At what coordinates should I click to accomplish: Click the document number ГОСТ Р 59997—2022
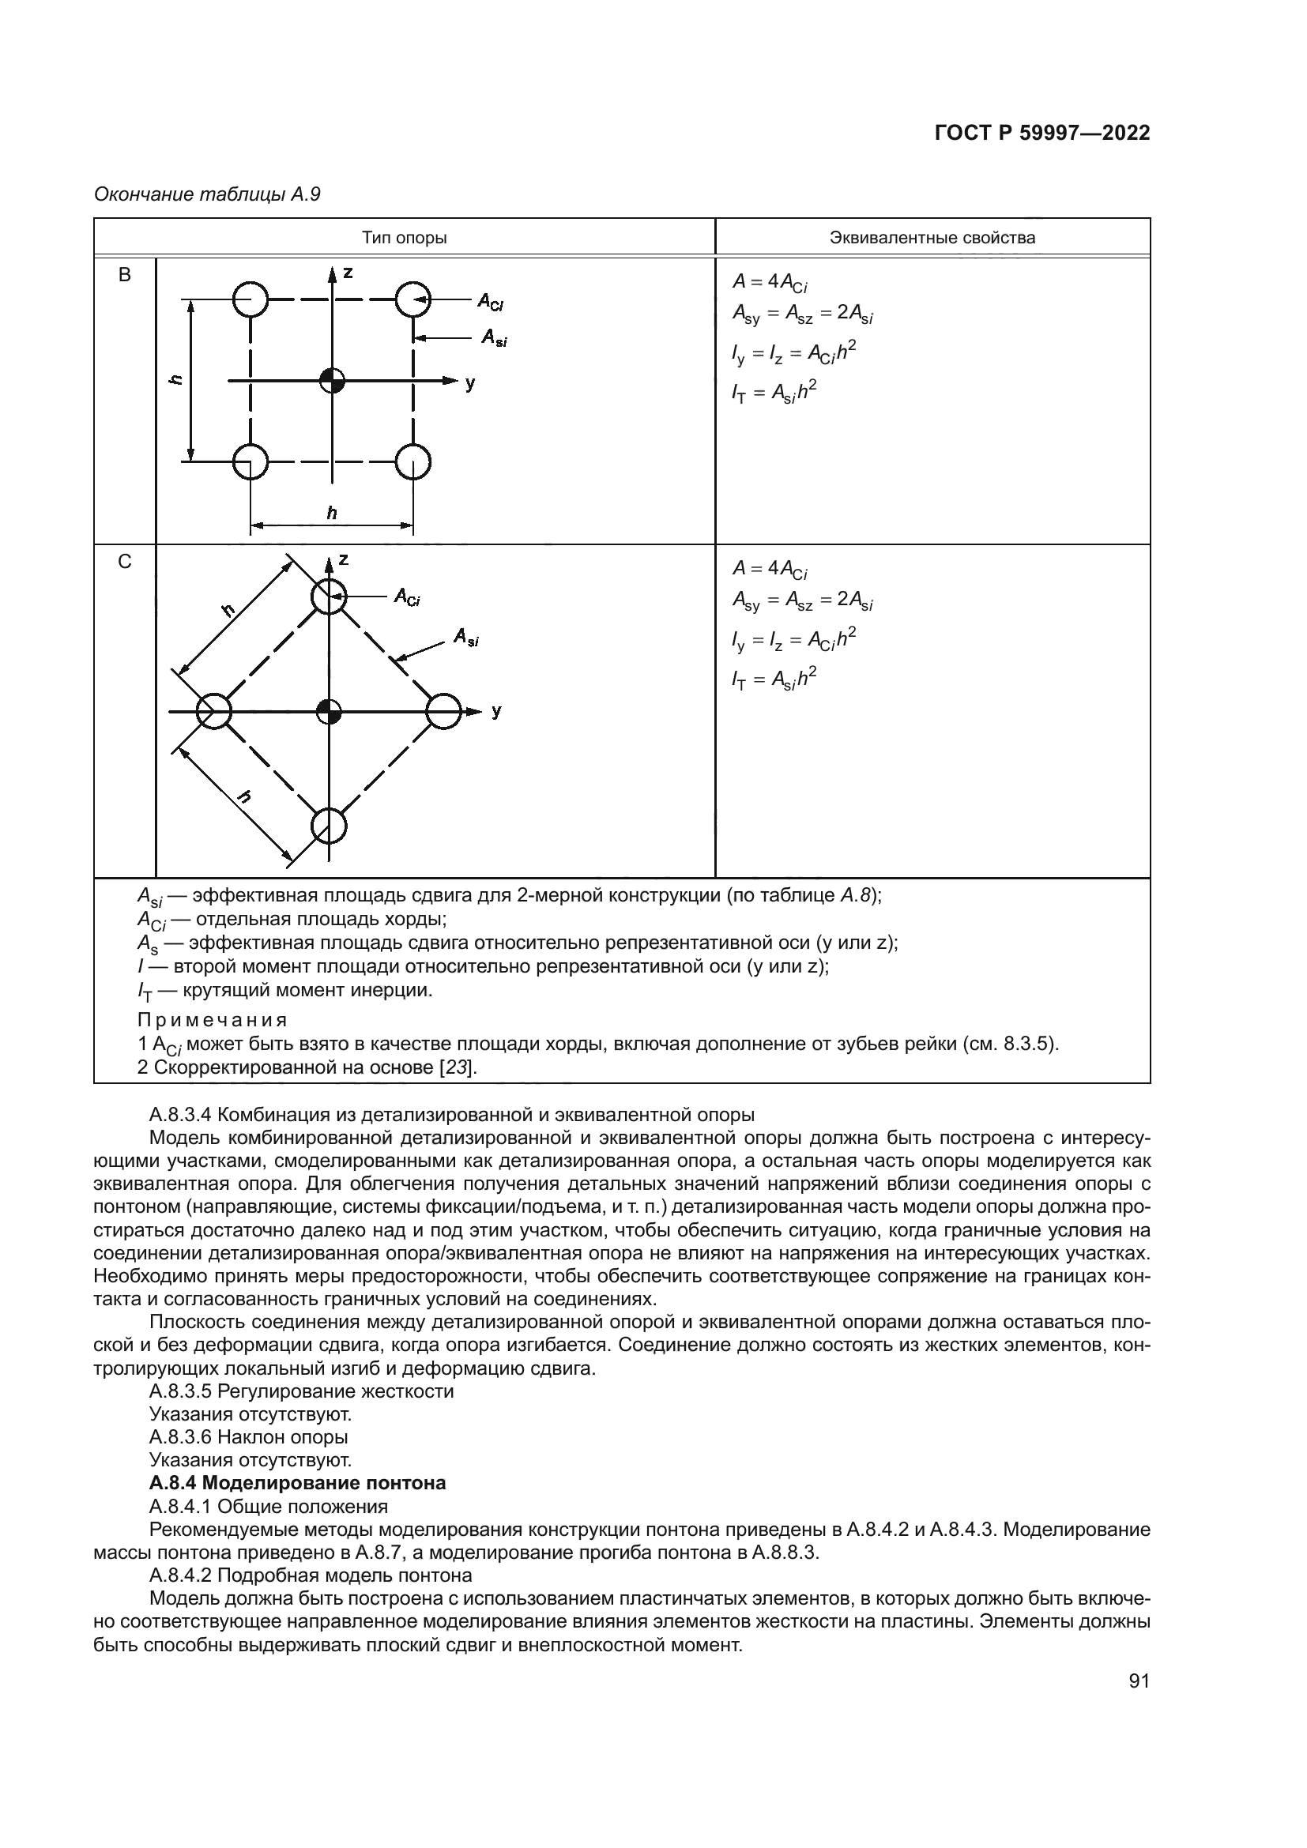click(1042, 134)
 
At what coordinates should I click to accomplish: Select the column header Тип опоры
click(404, 238)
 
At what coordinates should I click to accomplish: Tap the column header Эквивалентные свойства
click(932, 238)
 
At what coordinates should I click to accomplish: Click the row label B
click(125, 275)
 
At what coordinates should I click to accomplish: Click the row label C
click(125, 562)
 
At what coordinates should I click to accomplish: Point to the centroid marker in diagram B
click(332, 381)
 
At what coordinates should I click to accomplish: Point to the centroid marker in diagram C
click(330, 712)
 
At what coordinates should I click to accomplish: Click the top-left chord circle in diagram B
click(250, 299)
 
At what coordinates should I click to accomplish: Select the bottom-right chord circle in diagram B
click(412, 462)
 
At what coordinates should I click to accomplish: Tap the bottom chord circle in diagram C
click(330, 826)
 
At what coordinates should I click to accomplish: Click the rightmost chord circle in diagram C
click(443, 712)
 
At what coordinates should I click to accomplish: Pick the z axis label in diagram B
click(348, 273)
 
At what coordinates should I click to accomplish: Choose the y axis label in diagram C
click(496, 711)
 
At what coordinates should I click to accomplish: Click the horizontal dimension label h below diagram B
click(332, 513)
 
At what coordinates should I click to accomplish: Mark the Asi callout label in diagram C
click(466, 638)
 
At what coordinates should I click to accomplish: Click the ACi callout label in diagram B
click(490, 302)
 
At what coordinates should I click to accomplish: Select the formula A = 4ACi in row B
click(770, 282)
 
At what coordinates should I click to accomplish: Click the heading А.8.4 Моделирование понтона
click(297, 1482)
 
